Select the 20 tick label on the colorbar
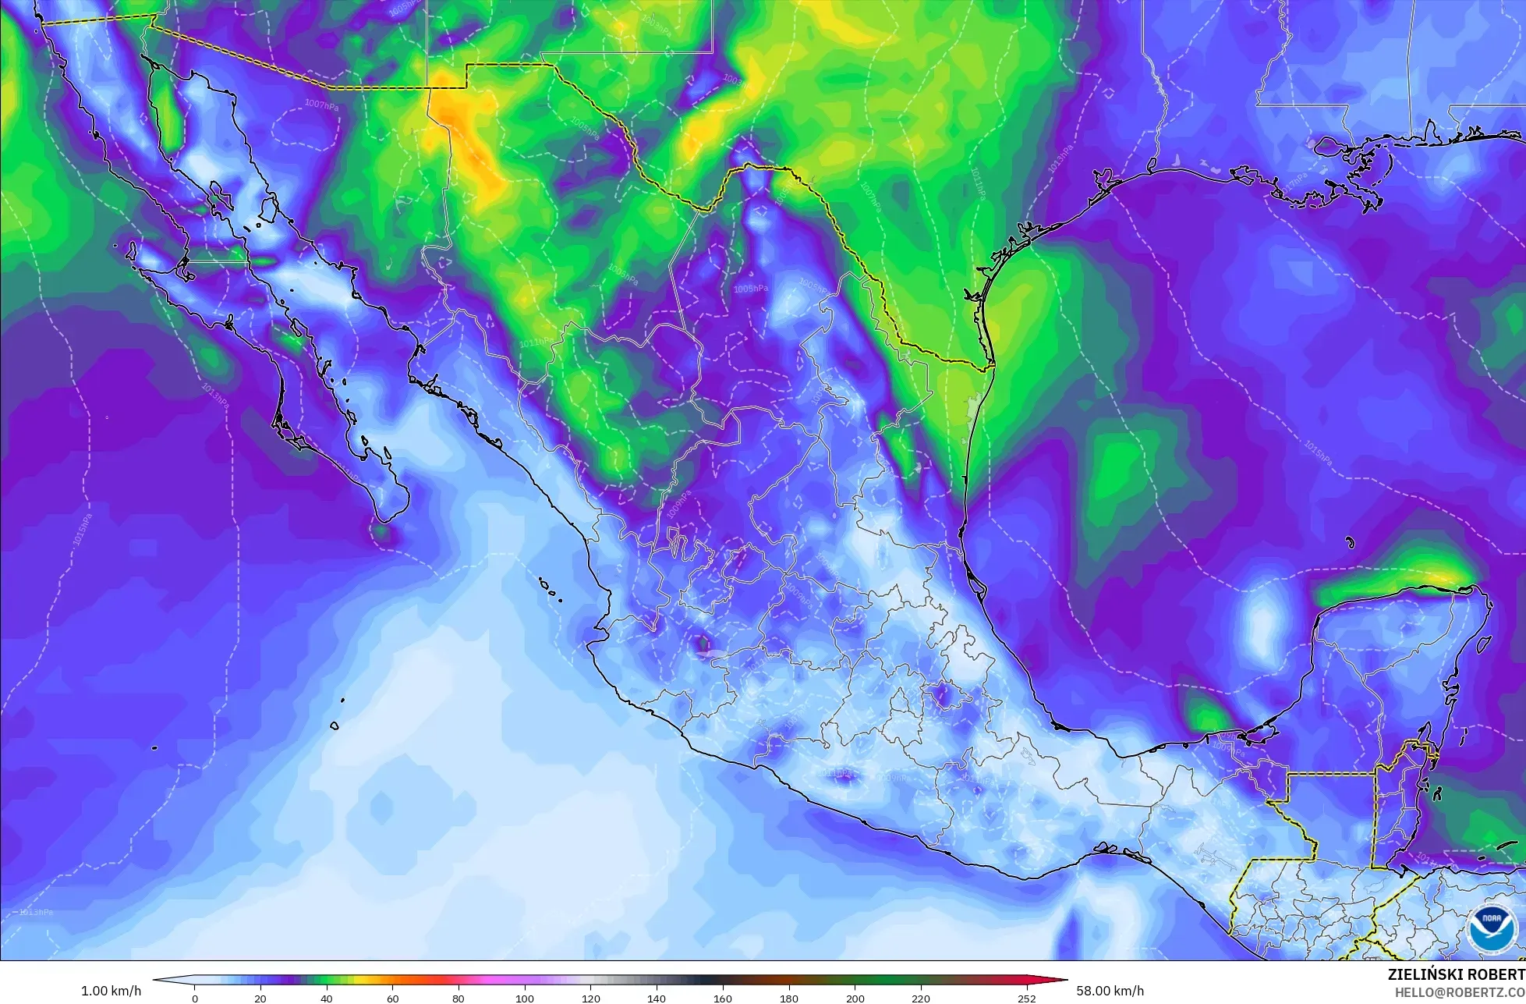(x=260, y=999)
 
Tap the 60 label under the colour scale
(x=392, y=999)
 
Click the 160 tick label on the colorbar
(x=723, y=999)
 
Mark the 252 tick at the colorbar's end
(x=1026, y=999)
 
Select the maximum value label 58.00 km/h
(x=1110, y=991)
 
